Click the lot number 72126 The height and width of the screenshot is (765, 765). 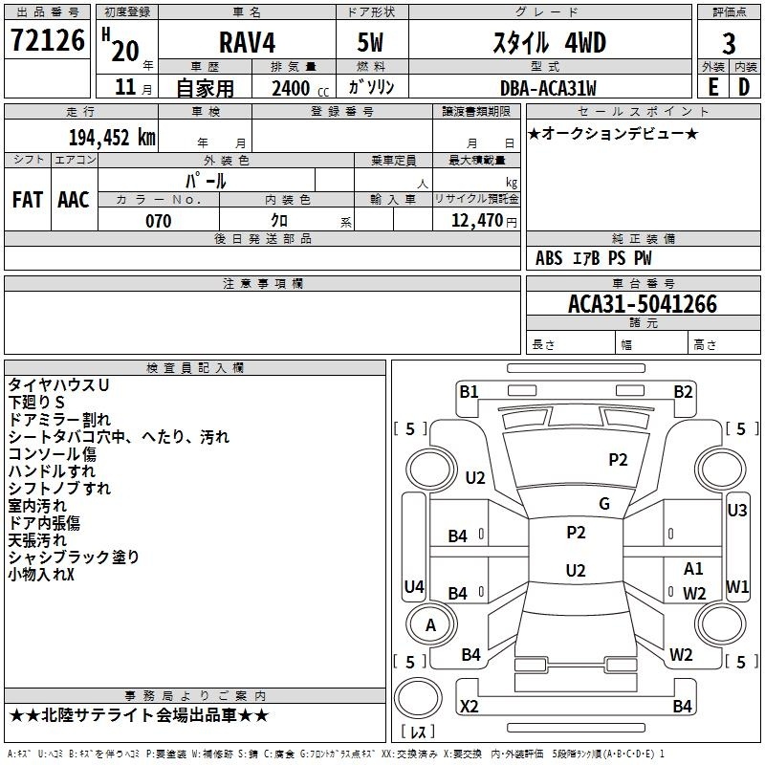(48, 40)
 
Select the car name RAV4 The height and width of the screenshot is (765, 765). (247, 42)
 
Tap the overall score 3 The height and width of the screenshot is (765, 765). (729, 44)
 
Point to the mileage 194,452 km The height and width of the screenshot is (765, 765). (112, 138)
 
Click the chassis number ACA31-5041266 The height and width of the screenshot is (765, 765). (643, 304)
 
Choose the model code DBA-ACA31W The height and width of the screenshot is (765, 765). (548, 88)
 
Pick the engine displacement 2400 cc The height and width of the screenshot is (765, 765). (300, 88)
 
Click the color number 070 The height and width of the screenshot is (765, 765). (159, 221)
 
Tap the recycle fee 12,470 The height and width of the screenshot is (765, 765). (476, 221)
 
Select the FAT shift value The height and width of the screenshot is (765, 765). (28, 200)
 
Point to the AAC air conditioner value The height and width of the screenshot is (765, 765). (74, 200)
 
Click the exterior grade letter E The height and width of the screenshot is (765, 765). (712, 87)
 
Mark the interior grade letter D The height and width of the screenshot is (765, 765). (744, 87)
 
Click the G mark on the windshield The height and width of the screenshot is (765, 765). (604, 504)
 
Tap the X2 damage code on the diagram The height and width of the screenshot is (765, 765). (470, 706)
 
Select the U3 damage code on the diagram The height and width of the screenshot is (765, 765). (736, 511)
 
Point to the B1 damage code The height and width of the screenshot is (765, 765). (469, 391)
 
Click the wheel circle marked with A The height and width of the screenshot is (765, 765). (431, 624)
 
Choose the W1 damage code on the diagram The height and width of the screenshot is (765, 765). (737, 586)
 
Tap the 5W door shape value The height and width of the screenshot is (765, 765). (370, 42)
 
